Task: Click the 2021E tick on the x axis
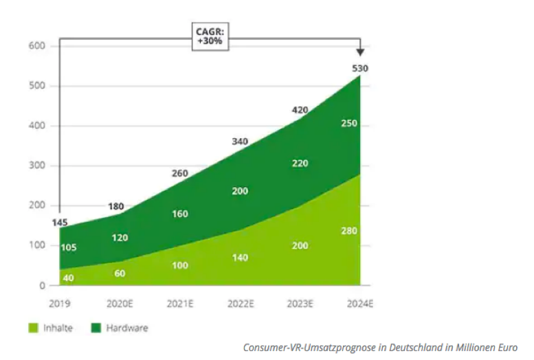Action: [179, 303]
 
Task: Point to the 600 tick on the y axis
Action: [36, 46]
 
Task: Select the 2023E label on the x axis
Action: [299, 303]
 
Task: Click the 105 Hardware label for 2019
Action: [69, 247]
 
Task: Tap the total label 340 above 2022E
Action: [239, 142]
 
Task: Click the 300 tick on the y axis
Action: [36, 166]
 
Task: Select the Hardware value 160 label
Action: [179, 214]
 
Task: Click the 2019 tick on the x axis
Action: [60, 303]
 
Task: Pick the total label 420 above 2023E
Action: [300, 110]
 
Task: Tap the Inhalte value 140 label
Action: [239, 258]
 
